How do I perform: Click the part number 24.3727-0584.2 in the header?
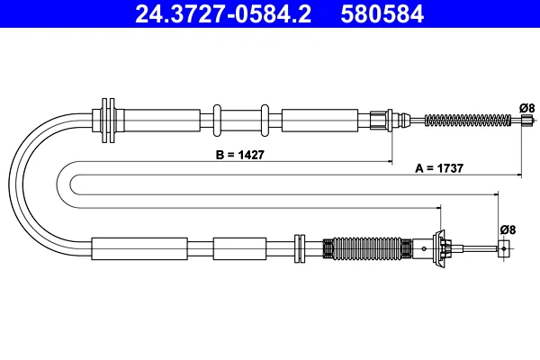click(x=223, y=13)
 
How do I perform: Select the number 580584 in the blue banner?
click(x=382, y=13)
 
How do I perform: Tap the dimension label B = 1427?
click(x=240, y=155)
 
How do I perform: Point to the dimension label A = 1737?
click(x=439, y=168)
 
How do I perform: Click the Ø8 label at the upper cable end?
click(x=527, y=108)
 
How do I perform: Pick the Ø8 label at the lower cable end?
click(x=508, y=229)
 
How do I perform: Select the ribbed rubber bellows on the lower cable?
click(x=367, y=248)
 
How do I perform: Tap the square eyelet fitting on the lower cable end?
click(x=504, y=248)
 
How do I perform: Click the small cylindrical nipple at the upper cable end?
click(x=526, y=121)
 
